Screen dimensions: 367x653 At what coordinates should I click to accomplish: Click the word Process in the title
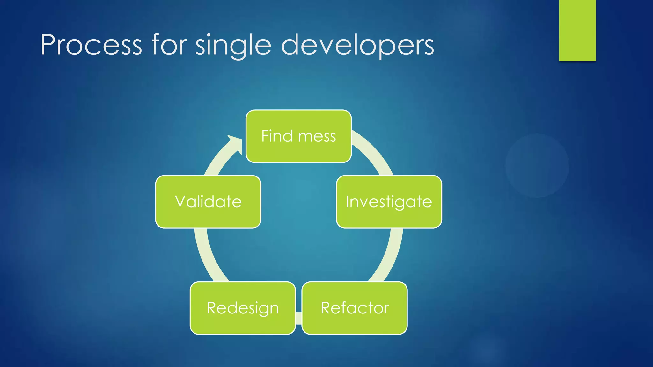click(91, 45)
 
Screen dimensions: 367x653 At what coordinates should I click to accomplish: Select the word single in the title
click(233, 45)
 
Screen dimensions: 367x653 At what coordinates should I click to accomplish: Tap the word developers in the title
click(357, 45)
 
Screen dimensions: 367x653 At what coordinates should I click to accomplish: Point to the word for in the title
click(169, 45)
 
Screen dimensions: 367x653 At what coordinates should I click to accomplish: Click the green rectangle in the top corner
click(577, 30)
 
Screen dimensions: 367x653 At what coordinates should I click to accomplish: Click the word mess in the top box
click(317, 136)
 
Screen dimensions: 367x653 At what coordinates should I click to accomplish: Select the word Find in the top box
click(277, 136)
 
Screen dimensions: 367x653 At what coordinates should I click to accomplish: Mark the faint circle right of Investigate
click(537, 166)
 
